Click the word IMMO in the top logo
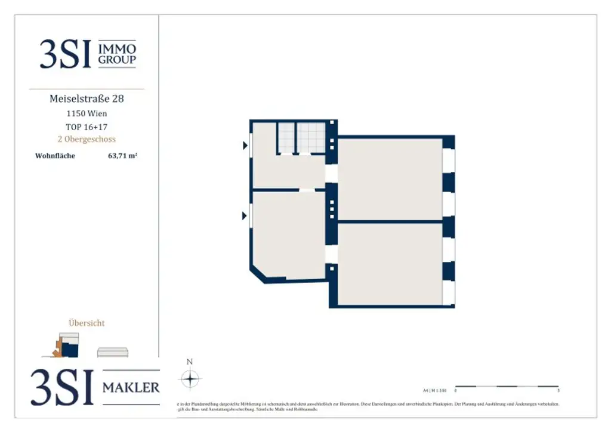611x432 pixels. point(117,48)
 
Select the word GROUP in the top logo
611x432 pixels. point(117,60)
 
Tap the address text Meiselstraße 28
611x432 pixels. point(87,99)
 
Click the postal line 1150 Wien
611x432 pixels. point(87,113)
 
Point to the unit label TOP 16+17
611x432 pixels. point(87,126)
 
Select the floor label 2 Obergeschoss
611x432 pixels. point(87,139)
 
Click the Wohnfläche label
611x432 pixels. point(55,156)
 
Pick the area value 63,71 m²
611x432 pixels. point(122,156)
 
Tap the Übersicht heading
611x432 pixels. point(87,323)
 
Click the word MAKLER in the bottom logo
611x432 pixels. point(131,388)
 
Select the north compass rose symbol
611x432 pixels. point(190,379)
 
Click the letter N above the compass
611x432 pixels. point(190,362)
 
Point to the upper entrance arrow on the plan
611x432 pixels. point(245,145)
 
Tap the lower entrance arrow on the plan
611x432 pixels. point(245,215)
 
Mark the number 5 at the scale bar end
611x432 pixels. point(558,391)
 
